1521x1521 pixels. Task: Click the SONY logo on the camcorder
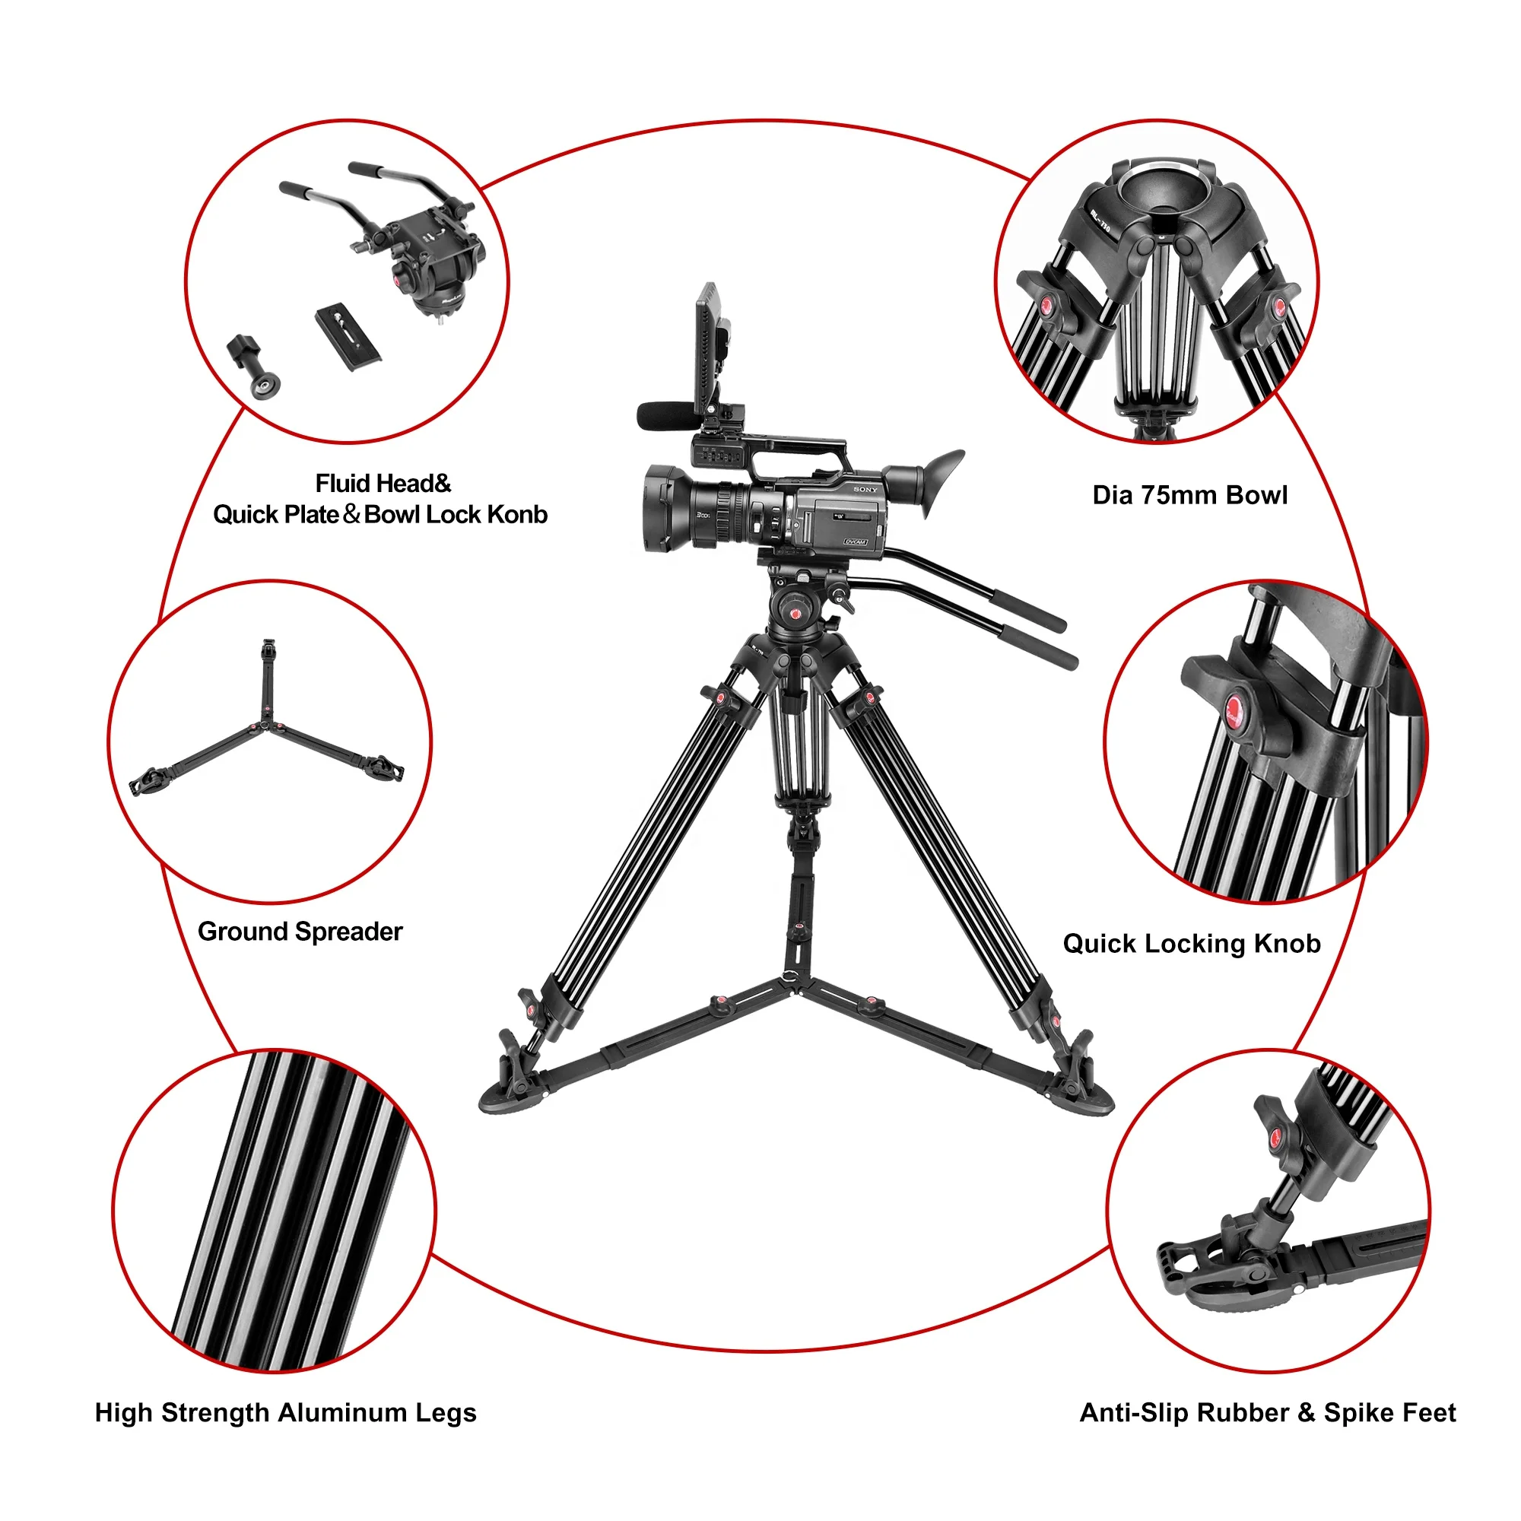click(x=865, y=490)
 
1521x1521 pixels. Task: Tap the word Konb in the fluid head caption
click(x=517, y=515)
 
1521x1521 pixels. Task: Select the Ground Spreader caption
click(x=300, y=932)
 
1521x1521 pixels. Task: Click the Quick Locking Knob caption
click(x=1191, y=943)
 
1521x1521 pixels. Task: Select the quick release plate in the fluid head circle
click(x=348, y=338)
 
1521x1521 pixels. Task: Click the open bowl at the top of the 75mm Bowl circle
click(x=1160, y=189)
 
